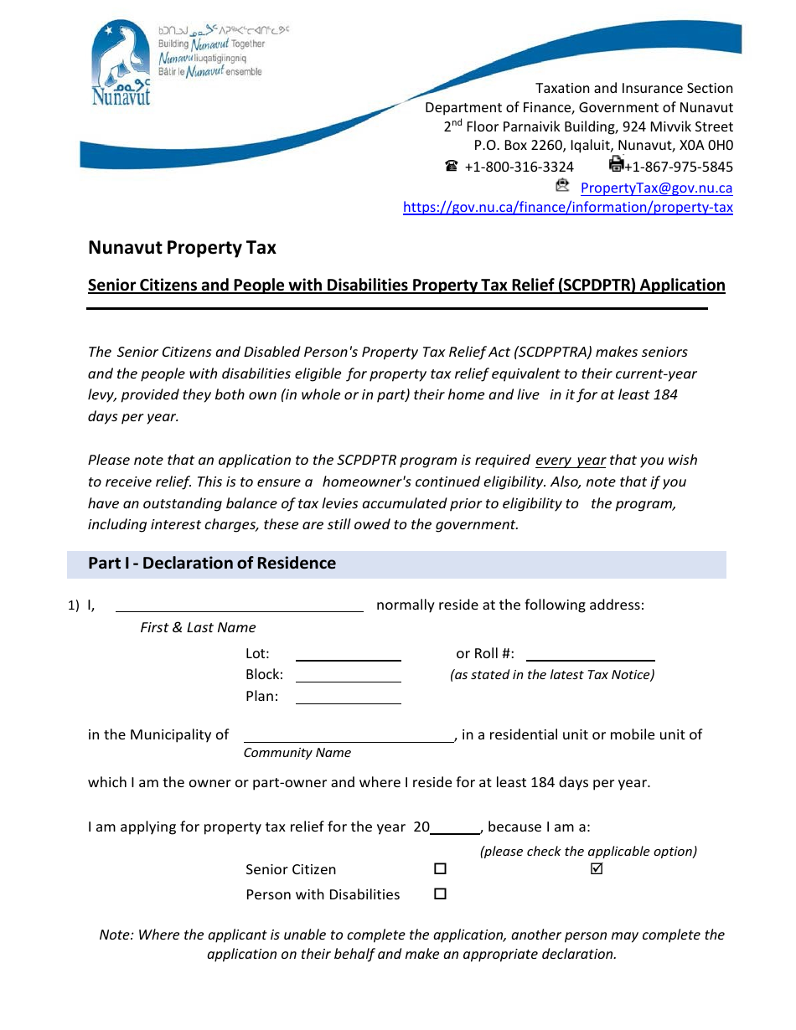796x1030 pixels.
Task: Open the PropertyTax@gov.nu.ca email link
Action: click(x=656, y=188)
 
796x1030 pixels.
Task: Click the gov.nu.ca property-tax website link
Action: click(x=567, y=208)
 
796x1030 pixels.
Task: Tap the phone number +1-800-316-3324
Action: click(x=519, y=167)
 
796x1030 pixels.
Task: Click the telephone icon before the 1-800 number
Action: click(x=452, y=166)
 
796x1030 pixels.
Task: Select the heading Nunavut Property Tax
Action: click(x=182, y=248)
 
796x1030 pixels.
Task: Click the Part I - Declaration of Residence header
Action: click(x=212, y=564)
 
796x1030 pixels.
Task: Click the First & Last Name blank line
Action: click(x=239, y=605)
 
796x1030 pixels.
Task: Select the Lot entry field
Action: click(x=348, y=655)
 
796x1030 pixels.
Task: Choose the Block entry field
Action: click(x=348, y=676)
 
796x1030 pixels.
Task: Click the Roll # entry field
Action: click(x=590, y=655)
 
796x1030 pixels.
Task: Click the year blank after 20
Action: click(x=455, y=827)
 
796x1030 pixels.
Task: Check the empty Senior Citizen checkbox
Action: click(x=440, y=869)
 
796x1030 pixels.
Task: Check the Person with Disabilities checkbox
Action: click(x=440, y=894)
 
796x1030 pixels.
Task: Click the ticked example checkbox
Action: click(x=597, y=869)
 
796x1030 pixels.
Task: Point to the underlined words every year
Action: click(x=570, y=461)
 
